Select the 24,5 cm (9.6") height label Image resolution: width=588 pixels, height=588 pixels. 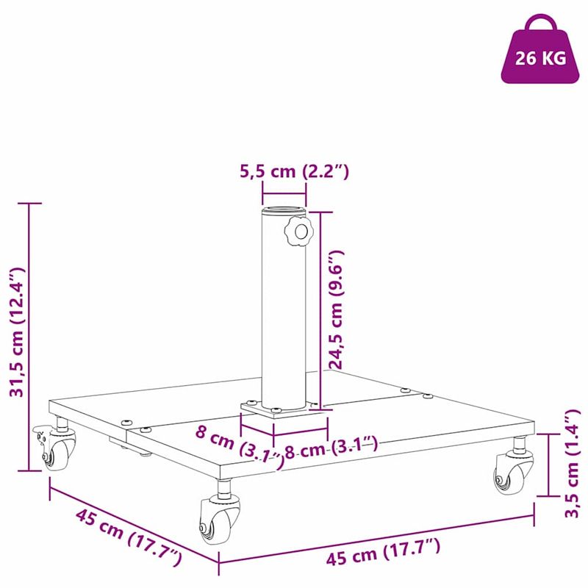[336, 309]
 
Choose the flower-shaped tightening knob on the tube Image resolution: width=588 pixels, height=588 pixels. [298, 231]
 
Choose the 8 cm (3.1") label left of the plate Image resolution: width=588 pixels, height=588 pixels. [239, 446]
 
